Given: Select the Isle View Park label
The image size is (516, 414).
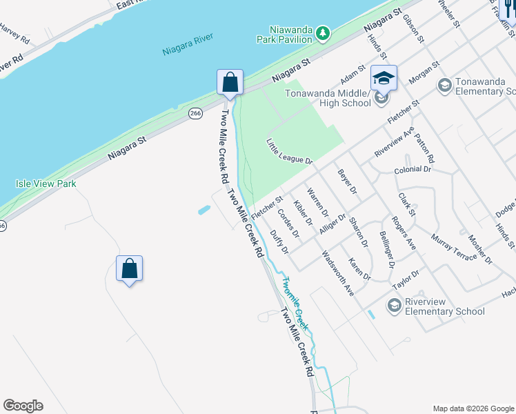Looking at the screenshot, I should point(46,184).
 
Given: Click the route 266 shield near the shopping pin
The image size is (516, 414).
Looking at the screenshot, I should point(196,112).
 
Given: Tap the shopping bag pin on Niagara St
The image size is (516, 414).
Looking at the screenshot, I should point(230,82).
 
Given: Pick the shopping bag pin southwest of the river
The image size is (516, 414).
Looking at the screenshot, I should point(130,268).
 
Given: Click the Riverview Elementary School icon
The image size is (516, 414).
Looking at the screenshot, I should point(395,305).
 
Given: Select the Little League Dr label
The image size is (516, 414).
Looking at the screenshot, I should point(290,151).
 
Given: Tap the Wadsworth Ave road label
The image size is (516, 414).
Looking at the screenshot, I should point(338,273).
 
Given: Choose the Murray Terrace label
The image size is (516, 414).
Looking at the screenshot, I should point(453,248).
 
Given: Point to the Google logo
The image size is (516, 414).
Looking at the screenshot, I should point(23,406).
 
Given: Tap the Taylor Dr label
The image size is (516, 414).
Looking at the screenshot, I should point(406,279).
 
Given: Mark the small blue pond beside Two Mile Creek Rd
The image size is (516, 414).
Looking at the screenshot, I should point(204,210).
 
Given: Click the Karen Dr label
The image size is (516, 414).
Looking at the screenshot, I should point(359,269).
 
